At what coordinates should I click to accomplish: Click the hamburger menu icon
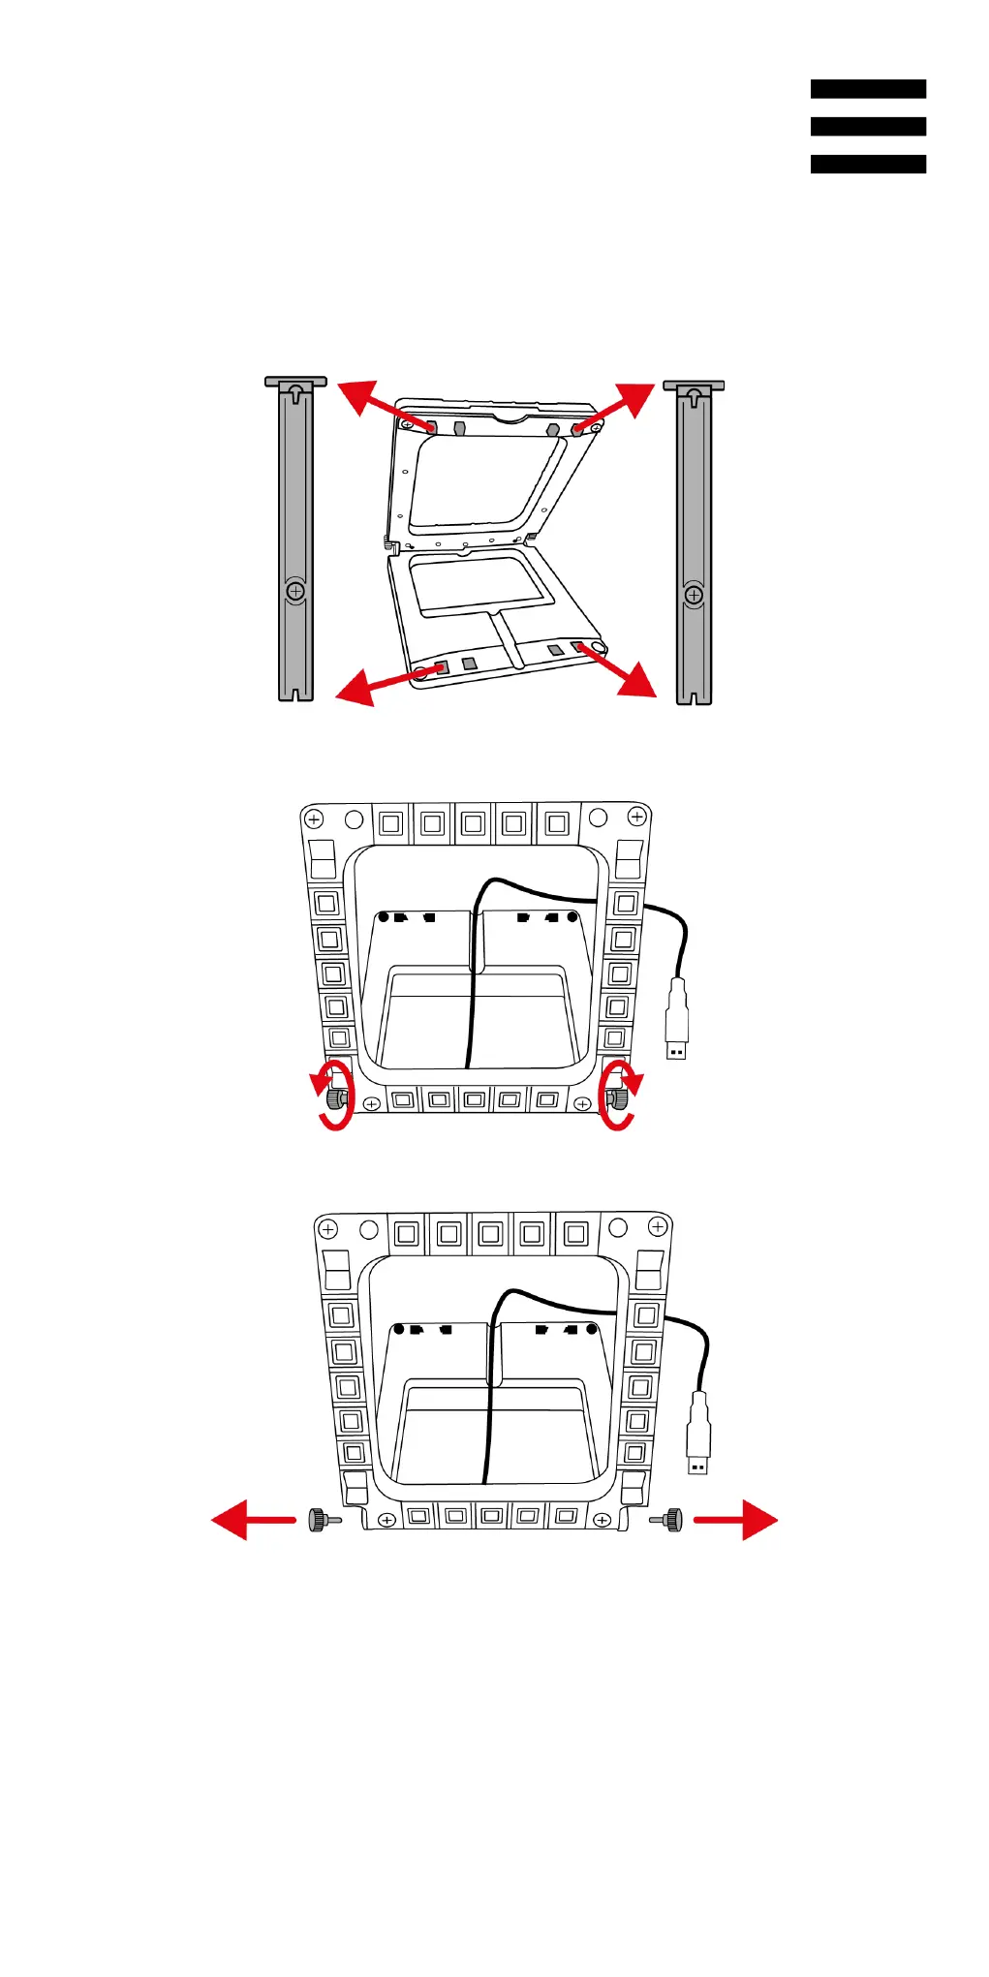(x=868, y=126)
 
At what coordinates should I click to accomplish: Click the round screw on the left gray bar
(x=296, y=591)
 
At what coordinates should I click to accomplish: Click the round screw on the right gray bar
(x=694, y=595)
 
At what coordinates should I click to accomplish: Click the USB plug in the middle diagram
(x=676, y=1021)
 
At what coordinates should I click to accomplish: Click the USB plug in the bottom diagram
(x=698, y=1434)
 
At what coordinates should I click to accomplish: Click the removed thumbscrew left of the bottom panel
(x=320, y=1520)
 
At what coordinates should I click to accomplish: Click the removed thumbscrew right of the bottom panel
(x=669, y=1520)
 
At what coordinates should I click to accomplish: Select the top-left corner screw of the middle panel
(x=314, y=819)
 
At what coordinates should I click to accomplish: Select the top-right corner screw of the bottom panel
(x=658, y=1227)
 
